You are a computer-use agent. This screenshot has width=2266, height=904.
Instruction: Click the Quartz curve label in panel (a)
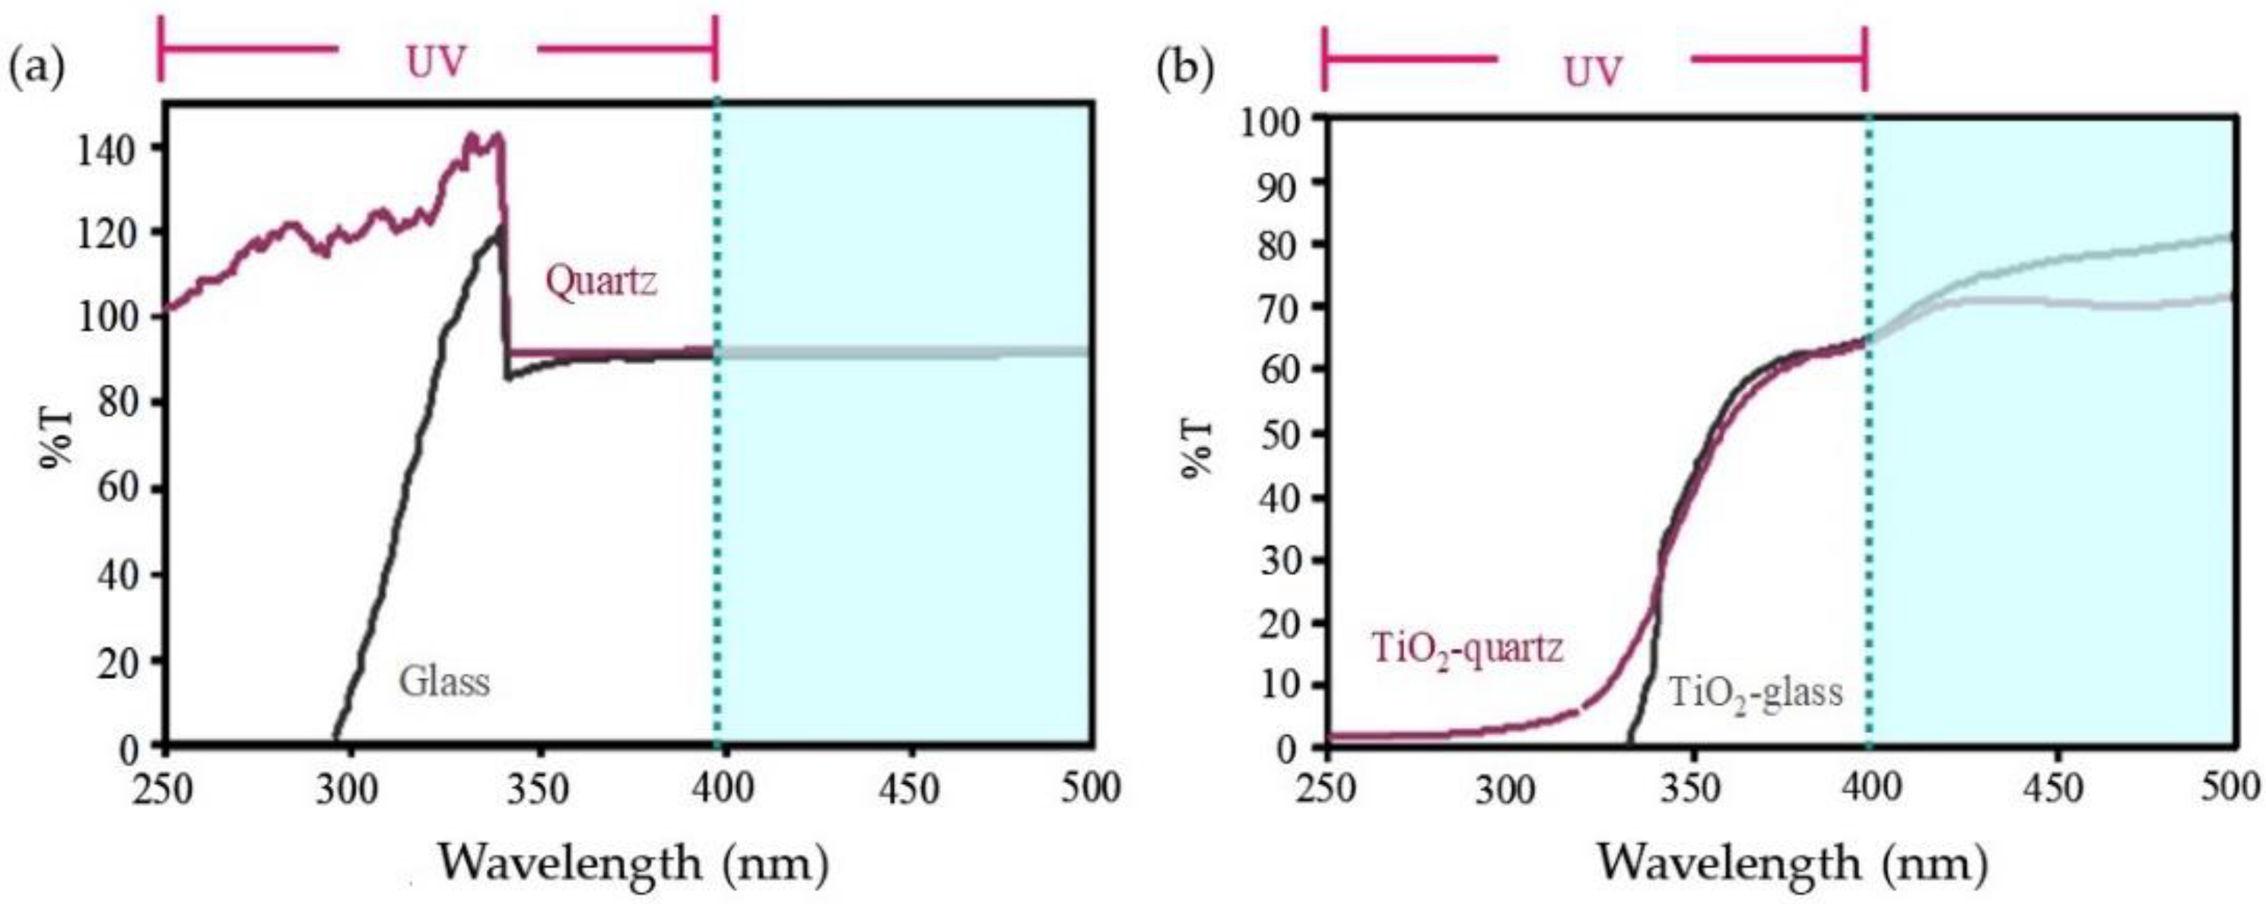pos(601,282)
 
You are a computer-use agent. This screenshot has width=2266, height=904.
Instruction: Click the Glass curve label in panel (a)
pos(444,681)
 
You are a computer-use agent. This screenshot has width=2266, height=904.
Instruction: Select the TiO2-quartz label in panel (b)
pos(1467,649)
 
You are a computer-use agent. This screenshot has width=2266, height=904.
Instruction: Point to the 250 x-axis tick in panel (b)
pos(1327,788)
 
